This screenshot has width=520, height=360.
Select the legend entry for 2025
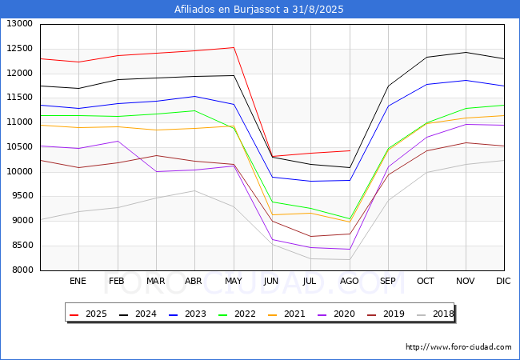[88, 314]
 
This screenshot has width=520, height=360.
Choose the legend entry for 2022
[237, 314]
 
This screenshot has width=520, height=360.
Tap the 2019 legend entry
[386, 314]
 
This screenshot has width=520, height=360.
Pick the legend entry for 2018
[435, 314]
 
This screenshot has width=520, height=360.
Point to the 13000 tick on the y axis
[20, 24]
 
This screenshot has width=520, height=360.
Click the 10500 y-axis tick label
[20, 147]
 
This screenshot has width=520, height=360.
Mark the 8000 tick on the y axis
[20, 270]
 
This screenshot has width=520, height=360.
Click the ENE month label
[78, 281]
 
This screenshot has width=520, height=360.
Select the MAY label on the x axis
[234, 281]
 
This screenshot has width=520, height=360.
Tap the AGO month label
[350, 281]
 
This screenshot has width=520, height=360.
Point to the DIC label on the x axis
[503, 281]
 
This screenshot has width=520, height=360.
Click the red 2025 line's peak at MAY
[234, 47]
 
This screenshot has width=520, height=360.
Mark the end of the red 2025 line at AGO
[350, 150]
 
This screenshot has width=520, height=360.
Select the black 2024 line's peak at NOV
[466, 52]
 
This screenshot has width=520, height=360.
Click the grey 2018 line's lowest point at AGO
[350, 259]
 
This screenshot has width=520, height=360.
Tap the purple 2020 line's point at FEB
[118, 142]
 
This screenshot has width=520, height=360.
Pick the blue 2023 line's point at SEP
[388, 106]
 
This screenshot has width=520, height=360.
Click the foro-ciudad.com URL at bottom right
[458, 347]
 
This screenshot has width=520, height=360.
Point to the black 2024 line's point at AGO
[350, 167]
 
